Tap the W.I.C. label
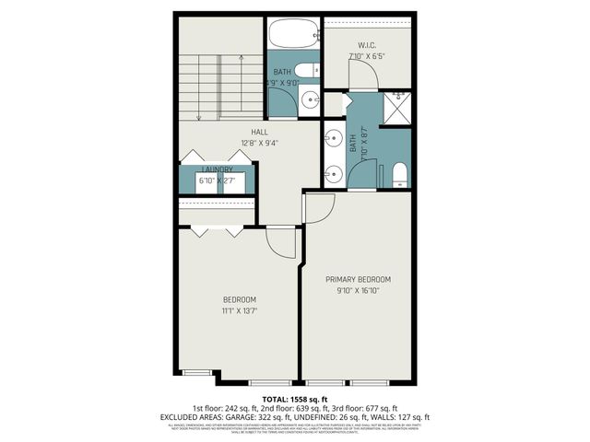point(365,45)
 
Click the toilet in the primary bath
point(399,175)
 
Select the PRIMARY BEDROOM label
point(358,279)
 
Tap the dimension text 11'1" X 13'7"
point(239,311)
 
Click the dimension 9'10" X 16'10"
point(358,290)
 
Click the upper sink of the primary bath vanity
point(331,140)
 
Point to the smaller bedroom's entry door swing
point(279,241)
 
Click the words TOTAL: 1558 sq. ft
point(294,398)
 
